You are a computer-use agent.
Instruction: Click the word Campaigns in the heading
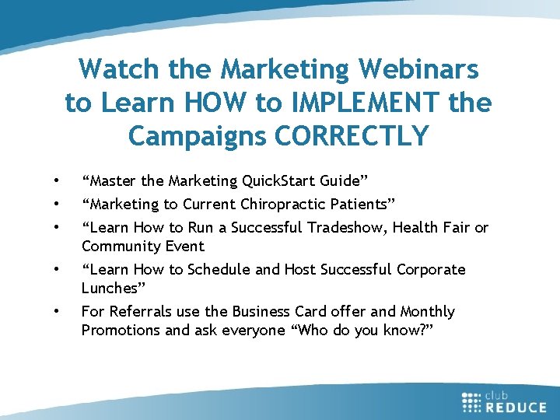tap(192, 135)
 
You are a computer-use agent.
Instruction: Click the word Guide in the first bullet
tap(343, 181)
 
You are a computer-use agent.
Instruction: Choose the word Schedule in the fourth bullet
tap(220, 270)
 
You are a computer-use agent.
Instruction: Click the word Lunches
tap(109, 289)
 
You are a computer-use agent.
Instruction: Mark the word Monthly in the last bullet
tap(427, 312)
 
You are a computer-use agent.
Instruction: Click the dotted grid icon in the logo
tap(472, 401)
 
